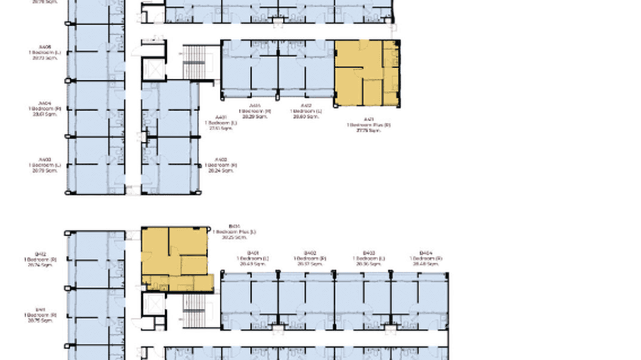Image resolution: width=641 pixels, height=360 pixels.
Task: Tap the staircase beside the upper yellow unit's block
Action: pyautogui.click(x=194, y=63)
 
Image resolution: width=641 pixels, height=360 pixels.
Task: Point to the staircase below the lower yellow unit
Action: pyautogui.click(x=194, y=310)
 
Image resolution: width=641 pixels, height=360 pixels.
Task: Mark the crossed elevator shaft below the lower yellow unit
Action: pyautogui.click(x=154, y=304)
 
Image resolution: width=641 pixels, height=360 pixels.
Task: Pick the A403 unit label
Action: pyautogui.click(x=45, y=160)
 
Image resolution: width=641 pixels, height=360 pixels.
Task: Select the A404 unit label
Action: pyautogui.click(x=45, y=103)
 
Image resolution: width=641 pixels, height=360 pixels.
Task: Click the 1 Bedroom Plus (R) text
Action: pyautogui.click(x=368, y=125)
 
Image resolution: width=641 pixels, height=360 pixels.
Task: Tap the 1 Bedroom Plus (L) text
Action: pyautogui.click(x=234, y=232)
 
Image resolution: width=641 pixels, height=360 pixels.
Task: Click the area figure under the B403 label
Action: pyautogui.click(x=368, y=264)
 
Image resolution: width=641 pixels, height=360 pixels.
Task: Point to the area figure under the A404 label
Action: pyautogui.click(x=45, y=114)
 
